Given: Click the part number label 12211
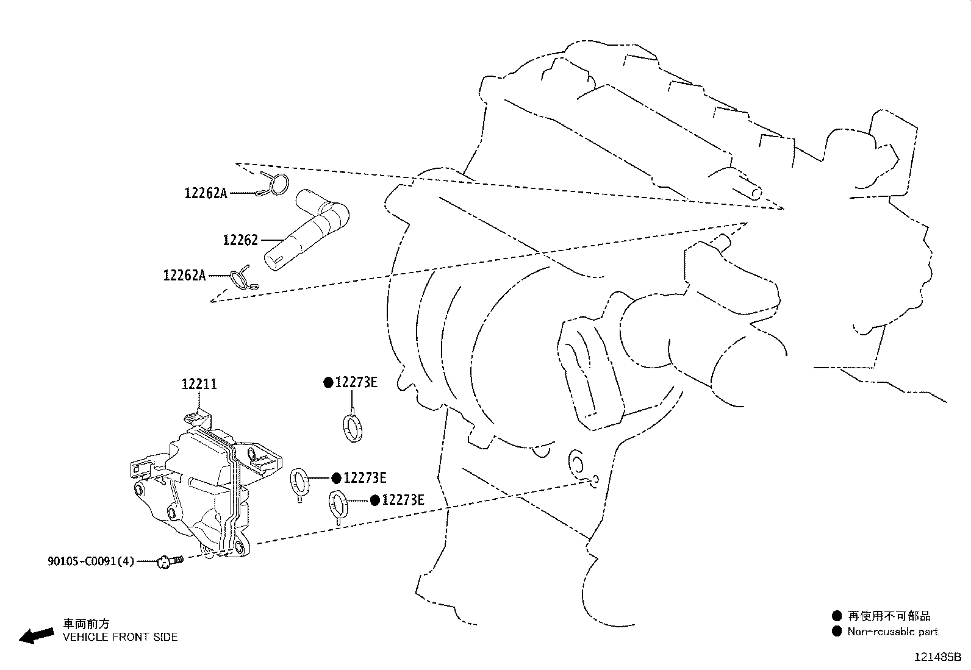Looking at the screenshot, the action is point(199,383).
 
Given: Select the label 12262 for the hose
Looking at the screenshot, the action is point(240,240).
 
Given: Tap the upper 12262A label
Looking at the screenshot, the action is point(206,193).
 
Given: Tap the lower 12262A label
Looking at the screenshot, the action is point(185,275).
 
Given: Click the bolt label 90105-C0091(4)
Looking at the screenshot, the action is point(91,561).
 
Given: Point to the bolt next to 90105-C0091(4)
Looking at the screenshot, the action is point(170,561).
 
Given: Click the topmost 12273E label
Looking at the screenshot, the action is point(356,382).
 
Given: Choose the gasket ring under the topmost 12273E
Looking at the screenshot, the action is point(353,427).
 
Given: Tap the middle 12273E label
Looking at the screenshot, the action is point(365,477).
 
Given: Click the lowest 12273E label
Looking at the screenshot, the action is point(403,500).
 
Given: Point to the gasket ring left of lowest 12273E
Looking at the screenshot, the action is point(338,506).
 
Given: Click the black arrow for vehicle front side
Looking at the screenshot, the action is point(37,636).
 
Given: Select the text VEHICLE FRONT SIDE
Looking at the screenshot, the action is point(120,637).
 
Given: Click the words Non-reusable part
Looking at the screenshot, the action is point(892,632).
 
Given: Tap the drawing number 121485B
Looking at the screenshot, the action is point(937,657).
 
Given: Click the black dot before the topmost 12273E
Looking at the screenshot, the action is point(329,383).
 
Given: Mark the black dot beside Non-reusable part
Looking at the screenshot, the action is point(837,632).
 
